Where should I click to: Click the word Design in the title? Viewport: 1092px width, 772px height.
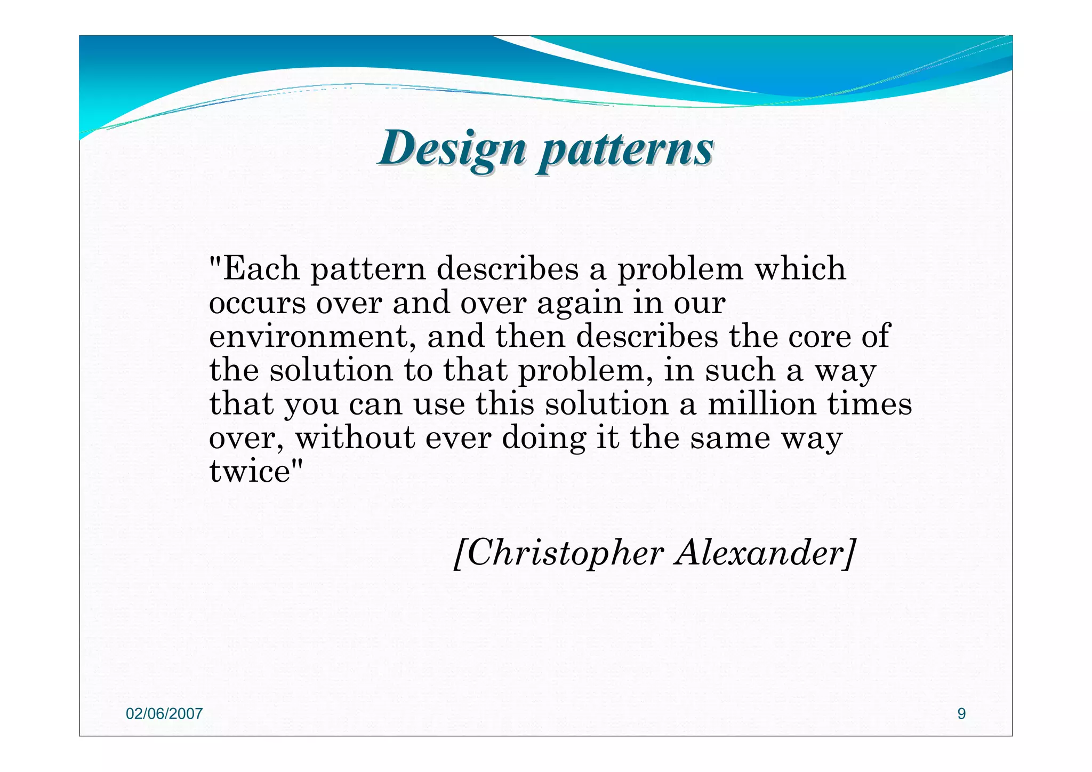452,148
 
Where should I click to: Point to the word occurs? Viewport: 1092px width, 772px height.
257,304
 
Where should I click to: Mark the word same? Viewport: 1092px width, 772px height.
730,439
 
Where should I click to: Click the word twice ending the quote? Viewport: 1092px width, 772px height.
250,472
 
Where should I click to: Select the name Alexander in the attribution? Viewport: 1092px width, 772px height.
762,553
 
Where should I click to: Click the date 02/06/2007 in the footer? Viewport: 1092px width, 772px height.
164,714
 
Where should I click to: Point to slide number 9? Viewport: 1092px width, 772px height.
961,714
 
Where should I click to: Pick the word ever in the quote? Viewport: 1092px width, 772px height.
457,439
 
